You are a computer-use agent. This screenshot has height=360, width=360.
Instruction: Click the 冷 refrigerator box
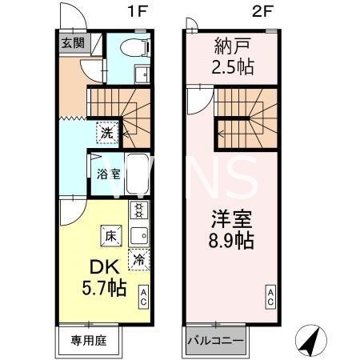pyautogui.click(x=139, y=259)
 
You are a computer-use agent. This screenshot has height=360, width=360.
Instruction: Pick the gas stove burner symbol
pyautogui.click(x=139, y=211)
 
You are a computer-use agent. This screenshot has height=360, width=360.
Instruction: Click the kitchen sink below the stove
pyautogui.click(x=139, y=234)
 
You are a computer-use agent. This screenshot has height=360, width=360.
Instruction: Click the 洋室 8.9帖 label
pyautogui.click(x=232, y=228)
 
